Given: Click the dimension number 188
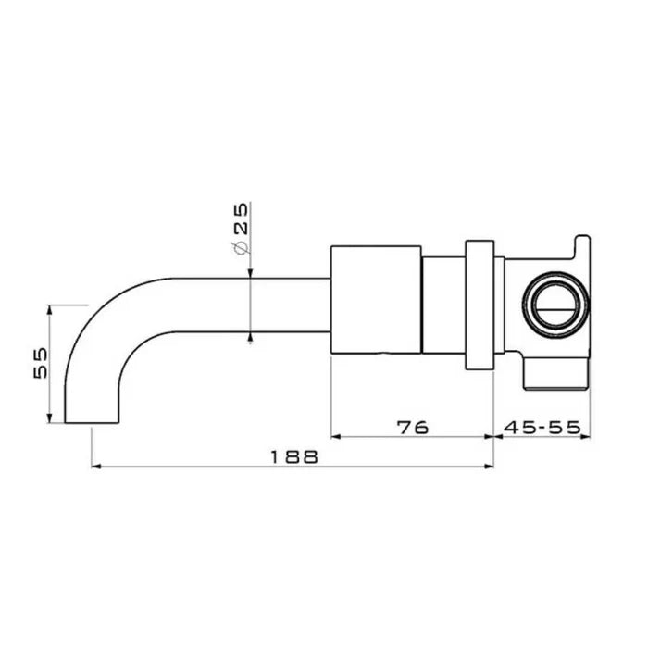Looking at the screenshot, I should pyautogui.click(x=293, y=455).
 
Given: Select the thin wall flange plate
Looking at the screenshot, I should pyautogui.click(x=479, y=305).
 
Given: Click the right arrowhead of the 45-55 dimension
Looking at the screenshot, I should pyautogui.click(x=586, y=436).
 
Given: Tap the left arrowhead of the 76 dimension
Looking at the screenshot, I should pyautogui.click(x=335, y=436).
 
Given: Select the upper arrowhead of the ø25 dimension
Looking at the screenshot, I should pyautogui.click(x=250, y=271).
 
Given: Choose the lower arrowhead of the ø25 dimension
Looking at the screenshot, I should pyautogui.click(x=250, y=337).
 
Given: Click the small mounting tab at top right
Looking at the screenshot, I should pyautogui.click(x=581, y=246).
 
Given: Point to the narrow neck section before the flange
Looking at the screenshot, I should pyautogui.click(x=443, y=305).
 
